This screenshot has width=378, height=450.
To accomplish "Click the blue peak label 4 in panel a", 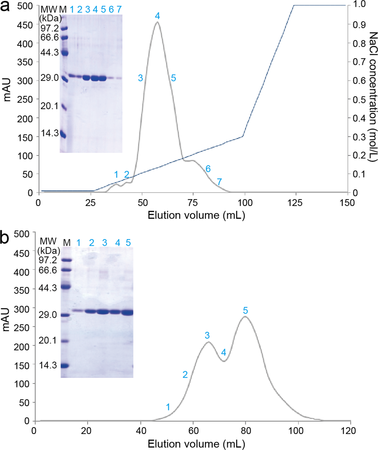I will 157,16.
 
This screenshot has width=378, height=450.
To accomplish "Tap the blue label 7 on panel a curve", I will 219,182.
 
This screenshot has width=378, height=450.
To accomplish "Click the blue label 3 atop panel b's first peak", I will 207,335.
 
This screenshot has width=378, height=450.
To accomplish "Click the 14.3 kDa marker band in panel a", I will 63,135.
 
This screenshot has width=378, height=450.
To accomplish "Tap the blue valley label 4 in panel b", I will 224,352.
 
